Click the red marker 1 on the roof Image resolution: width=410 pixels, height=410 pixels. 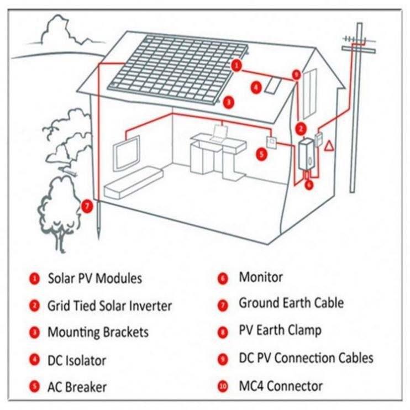click(x=236, y=65)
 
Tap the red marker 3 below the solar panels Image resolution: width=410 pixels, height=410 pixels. click(x=229, y=102)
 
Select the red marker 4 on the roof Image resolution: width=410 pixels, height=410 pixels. click(x=256, y=87)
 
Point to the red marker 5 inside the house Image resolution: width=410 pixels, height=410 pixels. click(x=261, y=154)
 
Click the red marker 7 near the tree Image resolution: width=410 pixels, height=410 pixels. click(x=87, y=206)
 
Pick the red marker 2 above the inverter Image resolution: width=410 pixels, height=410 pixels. click(x=301, y=129)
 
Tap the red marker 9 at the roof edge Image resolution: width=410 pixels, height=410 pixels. click(x=296, y=75)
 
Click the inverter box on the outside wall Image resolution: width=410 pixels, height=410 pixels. click(x=306, y=154)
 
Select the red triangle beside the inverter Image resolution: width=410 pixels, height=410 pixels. click(x=329, y=146)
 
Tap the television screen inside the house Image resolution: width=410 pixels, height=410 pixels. click(x=127, y=153)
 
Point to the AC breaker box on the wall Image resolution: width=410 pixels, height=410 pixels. click(x=271, y=143)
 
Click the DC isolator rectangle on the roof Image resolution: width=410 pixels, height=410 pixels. click(x=273, y=85)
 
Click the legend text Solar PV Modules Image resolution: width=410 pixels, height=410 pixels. click(x=95, y=278)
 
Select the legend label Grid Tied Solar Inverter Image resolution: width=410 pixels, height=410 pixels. click(x=109, y=306)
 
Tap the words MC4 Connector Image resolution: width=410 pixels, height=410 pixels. click(x=281, y=386)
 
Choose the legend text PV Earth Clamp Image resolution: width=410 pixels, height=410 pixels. click(x=280, y=330)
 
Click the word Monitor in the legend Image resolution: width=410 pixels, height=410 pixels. click(x=261, y=277)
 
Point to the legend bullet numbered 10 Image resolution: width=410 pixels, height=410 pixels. click(x=223, y=386)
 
